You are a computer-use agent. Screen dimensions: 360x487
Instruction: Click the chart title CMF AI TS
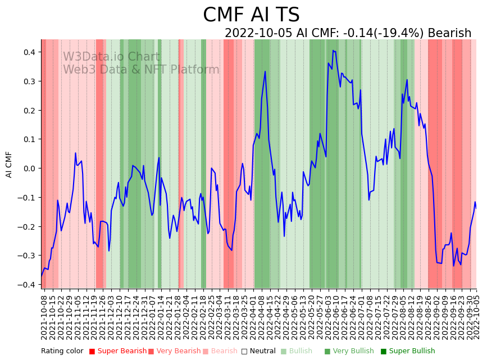[251, 15]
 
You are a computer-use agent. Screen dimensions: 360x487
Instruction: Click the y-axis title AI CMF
[9, 165]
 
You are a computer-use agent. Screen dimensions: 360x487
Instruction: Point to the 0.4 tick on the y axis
[28, 52]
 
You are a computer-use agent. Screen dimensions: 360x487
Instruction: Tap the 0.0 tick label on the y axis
[28, 168]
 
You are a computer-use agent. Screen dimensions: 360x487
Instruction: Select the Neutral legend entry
[260, 351]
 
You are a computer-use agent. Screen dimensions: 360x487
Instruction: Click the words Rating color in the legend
[62, 351]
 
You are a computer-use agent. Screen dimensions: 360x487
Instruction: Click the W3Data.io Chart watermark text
[111, 57]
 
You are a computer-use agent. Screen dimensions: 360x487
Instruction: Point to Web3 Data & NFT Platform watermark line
[141, 70]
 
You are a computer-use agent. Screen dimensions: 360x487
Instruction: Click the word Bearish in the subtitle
[449, 33]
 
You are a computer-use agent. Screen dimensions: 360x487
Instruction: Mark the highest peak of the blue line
[333, 51]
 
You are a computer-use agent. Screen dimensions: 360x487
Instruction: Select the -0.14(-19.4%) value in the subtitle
[383, 33]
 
